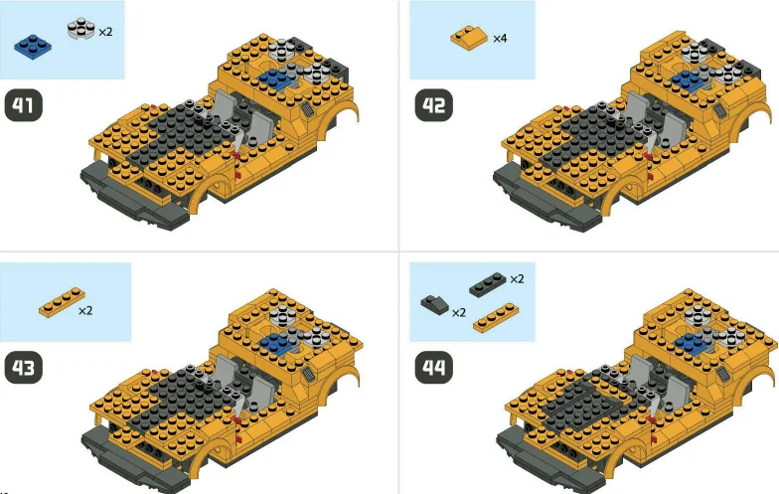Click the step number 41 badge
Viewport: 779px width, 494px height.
point(26,103)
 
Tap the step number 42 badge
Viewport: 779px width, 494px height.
point(432,103)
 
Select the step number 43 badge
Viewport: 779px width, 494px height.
point(26,367)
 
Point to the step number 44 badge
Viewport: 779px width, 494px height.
point(434,367)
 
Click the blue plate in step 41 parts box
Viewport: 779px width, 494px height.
point(35,44)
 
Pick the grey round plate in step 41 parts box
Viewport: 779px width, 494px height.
point(80,30)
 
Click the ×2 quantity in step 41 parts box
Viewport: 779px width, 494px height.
point(104,32)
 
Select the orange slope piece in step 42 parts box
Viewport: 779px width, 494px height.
point(468,38)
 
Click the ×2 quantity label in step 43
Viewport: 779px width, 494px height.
point(85,311)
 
